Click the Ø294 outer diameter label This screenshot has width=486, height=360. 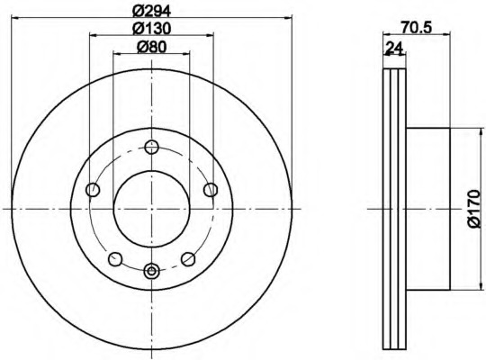coord(151,12)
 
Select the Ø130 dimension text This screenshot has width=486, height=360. coord(151,29)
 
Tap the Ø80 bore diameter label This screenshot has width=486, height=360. coord(151,47)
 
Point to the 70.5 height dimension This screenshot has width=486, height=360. coord(417,28)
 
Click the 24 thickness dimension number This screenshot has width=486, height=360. coord(393,48)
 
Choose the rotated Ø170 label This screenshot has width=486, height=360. coord(474,210)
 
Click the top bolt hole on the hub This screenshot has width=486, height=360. coord(151,148)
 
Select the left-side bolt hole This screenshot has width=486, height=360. coord(93,190)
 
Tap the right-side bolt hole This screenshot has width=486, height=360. coord(211,190)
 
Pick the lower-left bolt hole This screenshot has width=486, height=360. coord(115,259)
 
